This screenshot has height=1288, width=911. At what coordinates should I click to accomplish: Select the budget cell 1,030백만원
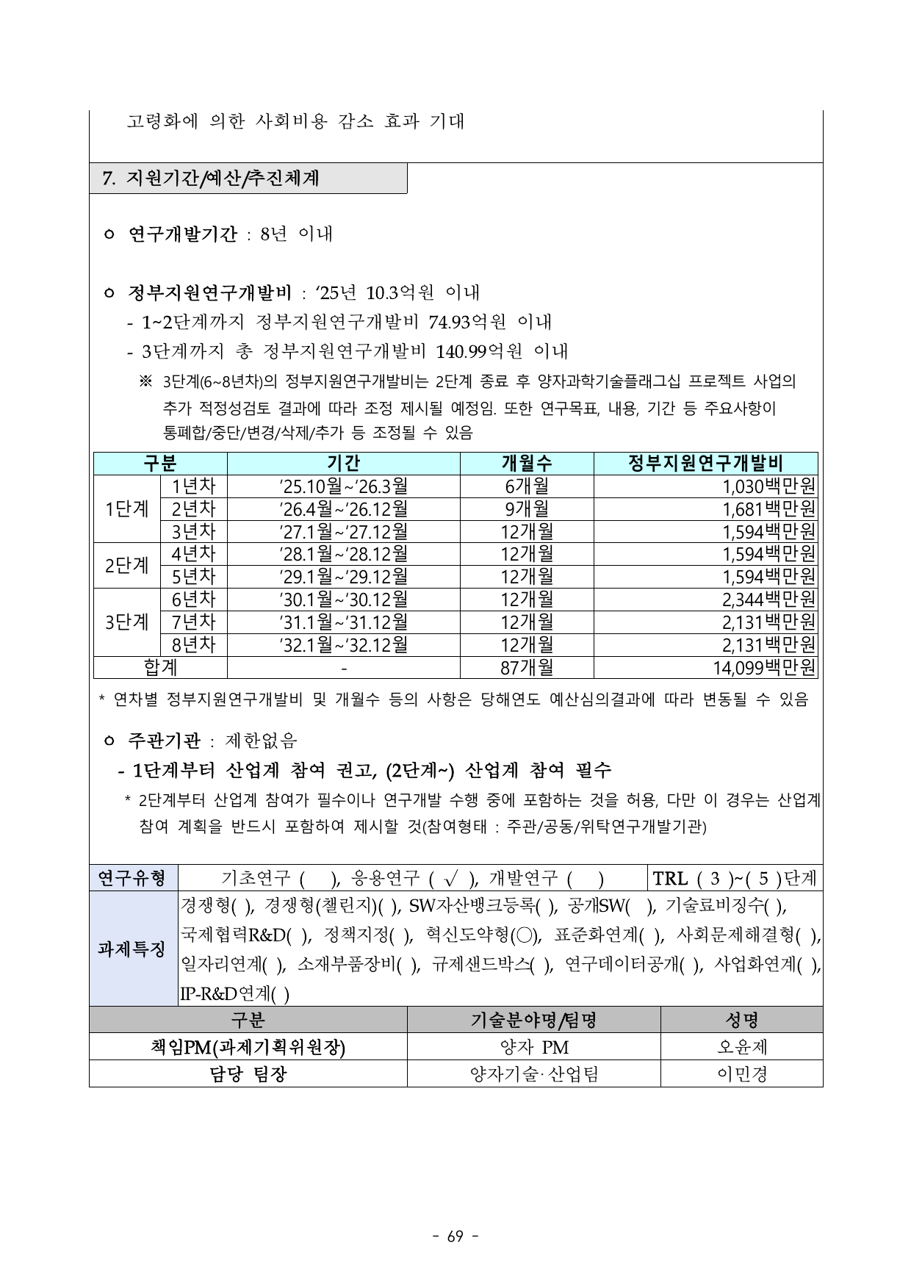point(769,486)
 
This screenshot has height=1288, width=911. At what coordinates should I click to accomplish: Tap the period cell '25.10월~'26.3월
point(343,486)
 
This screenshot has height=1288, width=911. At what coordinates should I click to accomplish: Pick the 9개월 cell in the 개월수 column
point(526,509)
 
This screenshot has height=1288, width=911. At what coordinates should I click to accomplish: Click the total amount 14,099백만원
point(764,667)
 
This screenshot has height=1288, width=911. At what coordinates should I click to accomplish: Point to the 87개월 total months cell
point(526,667)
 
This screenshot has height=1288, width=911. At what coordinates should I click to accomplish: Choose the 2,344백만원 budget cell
point(768,600)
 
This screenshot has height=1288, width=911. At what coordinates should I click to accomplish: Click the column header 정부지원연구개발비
point(705,463)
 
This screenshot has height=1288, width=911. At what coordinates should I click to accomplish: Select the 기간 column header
point(343,463)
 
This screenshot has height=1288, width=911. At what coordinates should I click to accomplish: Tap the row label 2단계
point(126,566)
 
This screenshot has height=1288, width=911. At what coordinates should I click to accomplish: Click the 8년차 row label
point(193,644)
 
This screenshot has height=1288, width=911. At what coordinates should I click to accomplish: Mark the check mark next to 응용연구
point(450,879)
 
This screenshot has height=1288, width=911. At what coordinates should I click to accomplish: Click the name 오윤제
point(741,1047)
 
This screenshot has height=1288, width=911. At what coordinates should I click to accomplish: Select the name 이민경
point(741,1074)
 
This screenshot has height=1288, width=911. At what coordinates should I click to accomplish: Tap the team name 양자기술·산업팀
point(534,1074)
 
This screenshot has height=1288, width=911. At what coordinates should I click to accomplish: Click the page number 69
point(455,1237)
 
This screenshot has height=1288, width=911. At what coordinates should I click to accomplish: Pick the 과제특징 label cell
point(132,949)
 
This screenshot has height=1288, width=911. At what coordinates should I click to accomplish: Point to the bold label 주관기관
point(164,740)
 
